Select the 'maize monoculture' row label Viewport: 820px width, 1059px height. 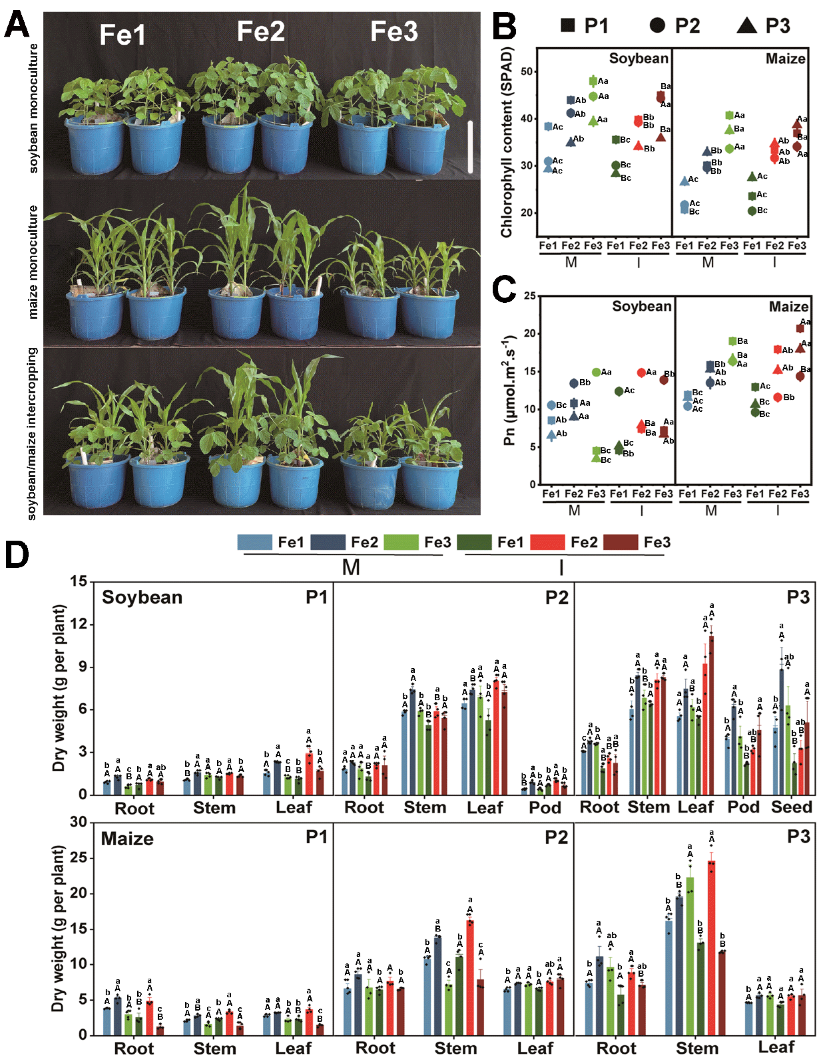point(33,262)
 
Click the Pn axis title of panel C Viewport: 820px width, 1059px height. point(509,390)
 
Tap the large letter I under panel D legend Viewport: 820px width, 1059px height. point(561,567)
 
